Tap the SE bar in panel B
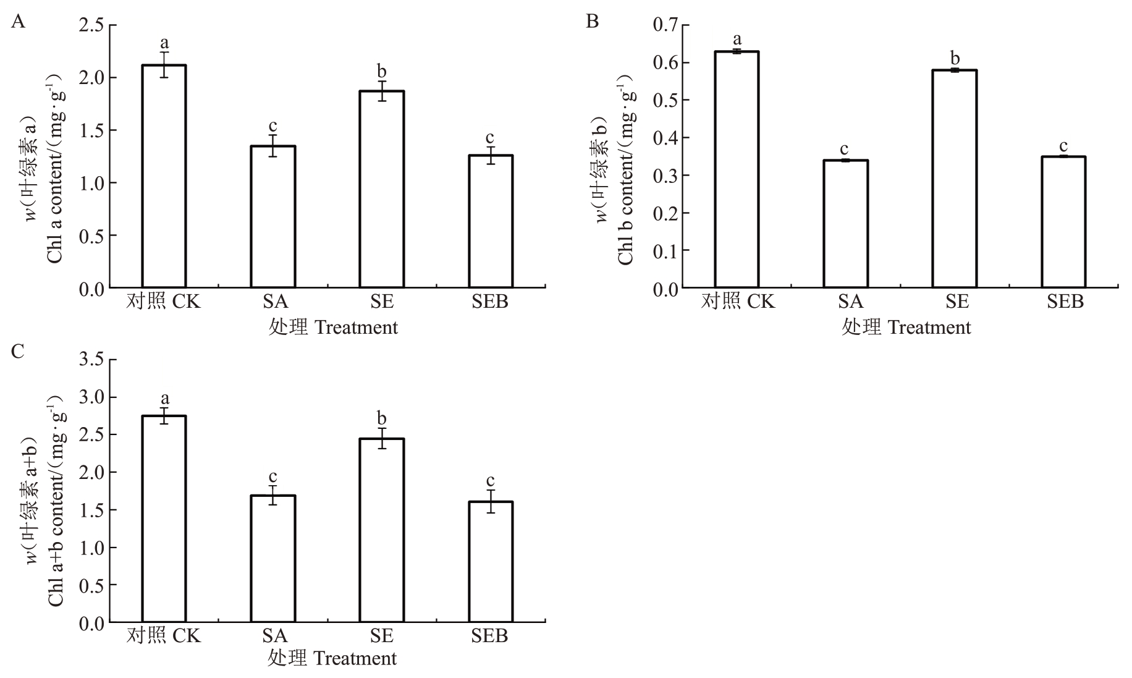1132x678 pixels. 954,179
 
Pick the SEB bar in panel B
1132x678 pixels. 1063,222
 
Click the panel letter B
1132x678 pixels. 592,22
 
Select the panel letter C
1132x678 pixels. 18,351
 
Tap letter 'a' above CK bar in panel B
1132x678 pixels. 737,40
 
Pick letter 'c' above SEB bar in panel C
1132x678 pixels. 490,480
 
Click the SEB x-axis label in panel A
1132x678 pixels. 490,302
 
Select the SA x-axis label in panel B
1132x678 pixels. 850,302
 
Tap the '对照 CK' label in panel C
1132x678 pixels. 164,636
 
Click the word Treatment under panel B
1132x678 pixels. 929,328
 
